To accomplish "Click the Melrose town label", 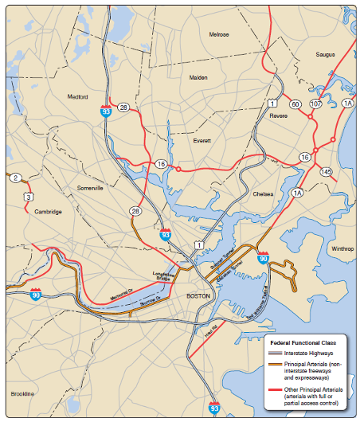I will click(x=219, y=35).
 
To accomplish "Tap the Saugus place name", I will click(x=325, y=55).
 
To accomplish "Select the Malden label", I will click(x=198, y=77).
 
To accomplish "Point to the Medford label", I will click(x=77, y=97).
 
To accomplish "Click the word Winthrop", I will click(x=342, y=248).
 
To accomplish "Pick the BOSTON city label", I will click(x=197, y=295).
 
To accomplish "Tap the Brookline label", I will click(x=22, y=394).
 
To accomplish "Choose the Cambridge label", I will click(x=48, y=211).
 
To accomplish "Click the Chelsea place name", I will click(x=262, y=193).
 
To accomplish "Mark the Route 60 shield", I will click(x=295, y=104).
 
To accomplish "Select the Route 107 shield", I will click(x=315, y=104).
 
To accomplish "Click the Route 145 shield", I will click(x=325, y=171).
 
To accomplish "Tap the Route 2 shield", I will click(x=14, y=177).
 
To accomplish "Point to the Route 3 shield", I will click(x=29, y=196).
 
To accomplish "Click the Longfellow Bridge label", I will click(x=162, y=275).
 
